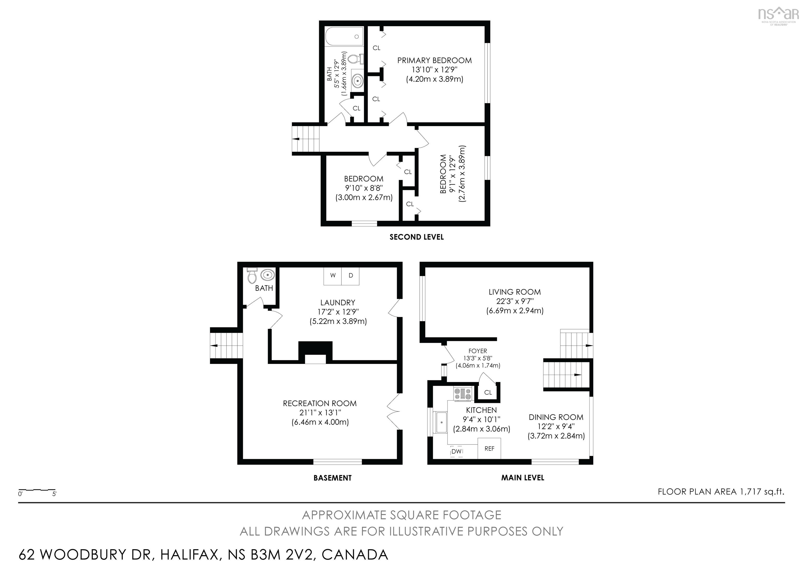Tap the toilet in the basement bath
coord(251,276)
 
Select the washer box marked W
coord(332,276)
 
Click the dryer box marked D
coord(351,276)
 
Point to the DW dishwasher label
coord(456,452)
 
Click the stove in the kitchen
coord(463,394)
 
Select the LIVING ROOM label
coord(514,292)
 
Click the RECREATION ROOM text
coord(320,403)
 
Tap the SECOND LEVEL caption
coord(417,237)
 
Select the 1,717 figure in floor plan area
coord(749,492)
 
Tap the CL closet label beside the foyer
coord(488,393)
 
